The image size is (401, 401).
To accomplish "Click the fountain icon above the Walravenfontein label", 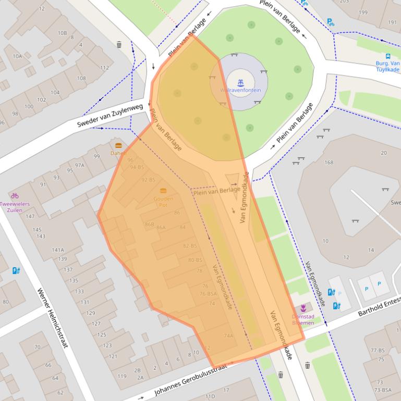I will [240, 82].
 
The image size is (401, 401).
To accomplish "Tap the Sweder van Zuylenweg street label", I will [110, 116].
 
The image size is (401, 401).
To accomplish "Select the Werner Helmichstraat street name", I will [53, 318].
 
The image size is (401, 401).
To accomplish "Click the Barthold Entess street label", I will [379, 307].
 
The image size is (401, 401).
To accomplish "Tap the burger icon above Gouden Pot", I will [163, 191].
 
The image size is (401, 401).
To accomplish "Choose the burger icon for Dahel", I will [118, 145].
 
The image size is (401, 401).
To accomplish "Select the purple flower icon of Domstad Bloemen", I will [303, 308].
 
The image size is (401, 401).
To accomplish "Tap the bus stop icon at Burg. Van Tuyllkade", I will [388, 56].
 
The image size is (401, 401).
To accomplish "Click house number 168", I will [329, 162].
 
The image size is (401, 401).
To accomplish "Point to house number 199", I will [363, 12].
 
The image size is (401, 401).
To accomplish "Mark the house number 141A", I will [58, 250].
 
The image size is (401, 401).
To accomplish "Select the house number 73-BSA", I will [383, 390].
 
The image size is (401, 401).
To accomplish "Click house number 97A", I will [79, 165].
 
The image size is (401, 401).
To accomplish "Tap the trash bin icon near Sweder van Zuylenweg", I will [119, 45].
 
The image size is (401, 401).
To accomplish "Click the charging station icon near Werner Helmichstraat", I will [16, 270].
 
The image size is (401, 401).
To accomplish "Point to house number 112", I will [104, 67].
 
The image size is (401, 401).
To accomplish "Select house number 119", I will [122, 376].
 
